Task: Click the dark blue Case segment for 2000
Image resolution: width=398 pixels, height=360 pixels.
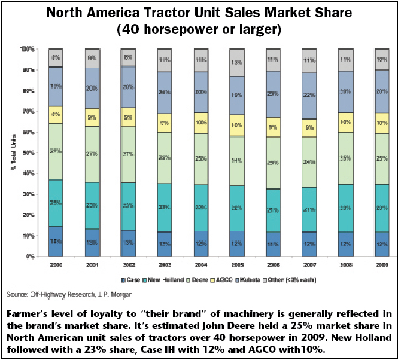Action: click(56, 242)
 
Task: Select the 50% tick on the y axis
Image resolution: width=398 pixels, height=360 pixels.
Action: click(28, 152)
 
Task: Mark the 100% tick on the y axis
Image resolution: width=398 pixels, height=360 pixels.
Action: click(27, 48)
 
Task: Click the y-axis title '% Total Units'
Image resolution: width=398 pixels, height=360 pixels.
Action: click(13, 152)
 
